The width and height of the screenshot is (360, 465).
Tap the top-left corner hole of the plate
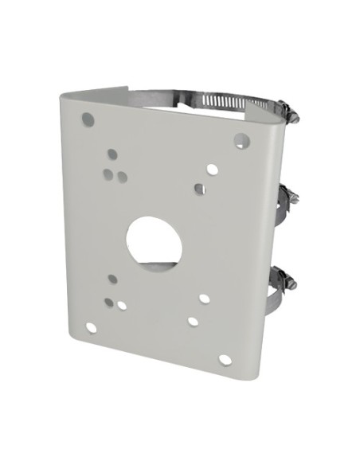click(88, 120)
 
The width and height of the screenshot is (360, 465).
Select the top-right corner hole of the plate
click(240, 140)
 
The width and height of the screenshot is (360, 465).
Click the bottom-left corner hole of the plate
click(92, 327)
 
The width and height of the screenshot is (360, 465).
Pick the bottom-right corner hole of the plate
click(225, 359)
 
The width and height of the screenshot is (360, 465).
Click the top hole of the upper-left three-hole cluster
click(112, 154)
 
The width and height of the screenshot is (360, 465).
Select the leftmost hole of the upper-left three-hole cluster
click(108, 171)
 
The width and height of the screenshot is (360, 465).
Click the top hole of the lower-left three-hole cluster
click(112, 279)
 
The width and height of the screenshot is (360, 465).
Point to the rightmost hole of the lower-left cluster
click(122, 304)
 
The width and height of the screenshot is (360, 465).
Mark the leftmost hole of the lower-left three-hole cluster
click(108, 302)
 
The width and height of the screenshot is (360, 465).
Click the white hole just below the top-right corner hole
click(212, 169)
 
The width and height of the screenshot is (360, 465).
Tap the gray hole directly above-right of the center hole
click(199, 189)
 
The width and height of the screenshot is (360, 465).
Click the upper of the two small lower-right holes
click(205, 299)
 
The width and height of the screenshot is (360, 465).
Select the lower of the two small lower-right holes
click(192, 322)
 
